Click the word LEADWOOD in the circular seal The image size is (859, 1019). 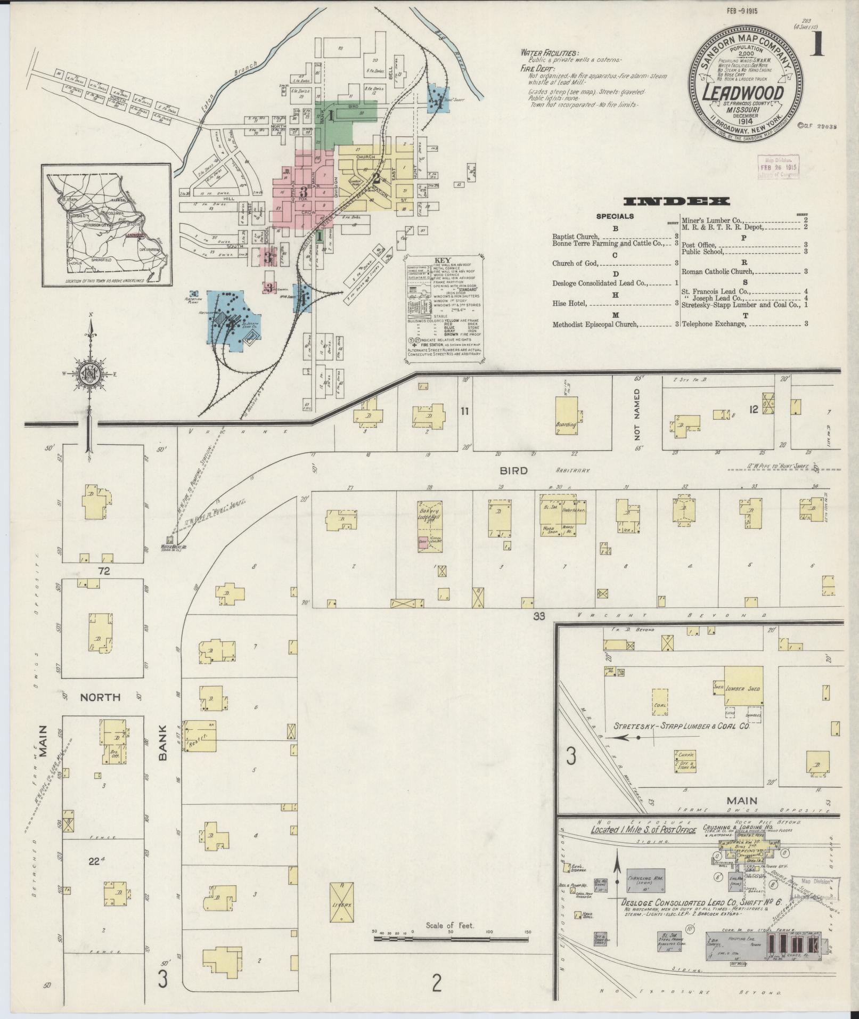point(745,92)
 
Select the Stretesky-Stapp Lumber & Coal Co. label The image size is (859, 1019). point(682,726)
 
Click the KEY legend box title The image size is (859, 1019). point(443,260)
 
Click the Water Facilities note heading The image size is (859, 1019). point(549,53)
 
